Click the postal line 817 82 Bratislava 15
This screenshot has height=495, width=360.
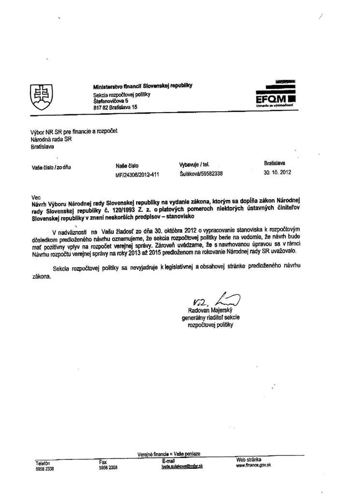pos(115,107)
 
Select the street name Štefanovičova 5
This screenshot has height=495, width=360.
pos(111,101)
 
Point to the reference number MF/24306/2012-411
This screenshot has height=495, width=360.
pos(137,175)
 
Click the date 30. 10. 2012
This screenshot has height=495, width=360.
pos(277,172)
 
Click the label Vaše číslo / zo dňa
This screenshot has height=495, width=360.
pos(51,168)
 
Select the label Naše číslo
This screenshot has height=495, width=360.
pos(127,166)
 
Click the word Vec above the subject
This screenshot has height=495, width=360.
pos(35,197)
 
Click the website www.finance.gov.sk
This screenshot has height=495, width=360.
pos(253,465)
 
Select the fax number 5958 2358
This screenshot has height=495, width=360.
pos(108,467)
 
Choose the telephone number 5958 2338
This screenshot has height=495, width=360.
pos(45,468)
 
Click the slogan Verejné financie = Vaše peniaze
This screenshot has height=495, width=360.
pos(169,454)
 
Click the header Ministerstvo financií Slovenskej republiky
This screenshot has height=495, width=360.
pos(143,86)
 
